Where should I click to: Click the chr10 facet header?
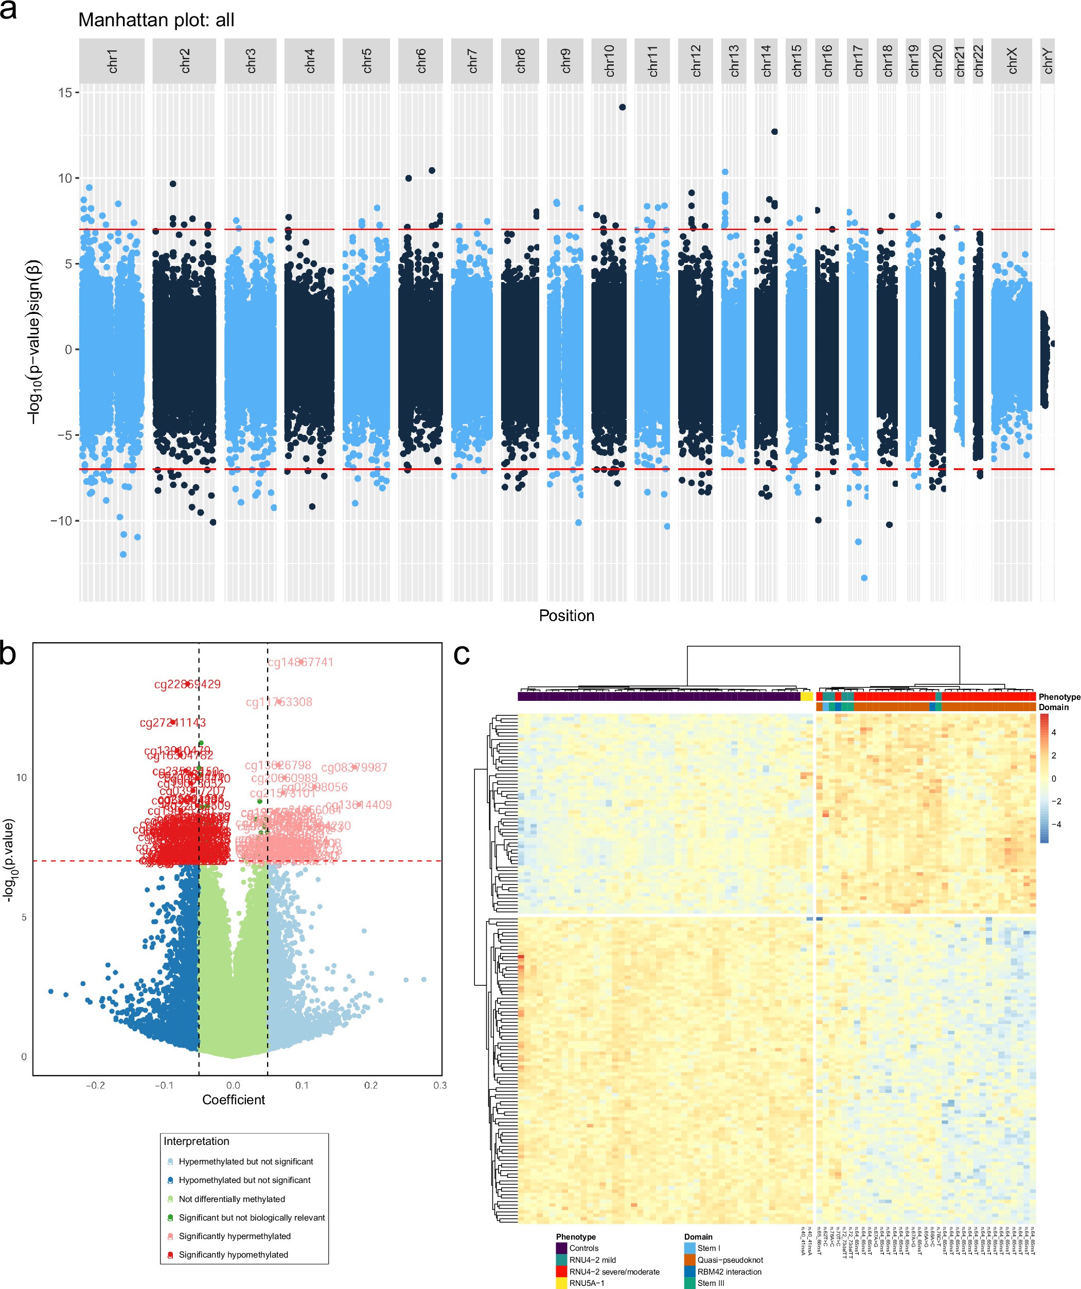[x=609, y=61]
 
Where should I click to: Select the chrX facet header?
[x=1012, y=61]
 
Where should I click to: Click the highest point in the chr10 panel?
[x=623, y=107]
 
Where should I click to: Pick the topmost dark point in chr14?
[x=775, y=131]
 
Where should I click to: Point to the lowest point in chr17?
[x=864, y=577]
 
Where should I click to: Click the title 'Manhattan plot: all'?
[x=156, y=20]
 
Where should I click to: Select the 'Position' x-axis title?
[x=566, y=615]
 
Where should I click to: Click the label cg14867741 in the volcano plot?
[x=300, y=662]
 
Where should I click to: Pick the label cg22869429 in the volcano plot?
[x=187, y=684]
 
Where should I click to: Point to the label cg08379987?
[x=354, y=767]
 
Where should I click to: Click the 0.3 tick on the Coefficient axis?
[x=439, y=1085]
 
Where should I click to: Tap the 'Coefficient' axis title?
[x=233, y=1099]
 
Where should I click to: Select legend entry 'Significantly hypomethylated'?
[x=233, y=1255]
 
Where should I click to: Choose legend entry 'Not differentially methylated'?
[x=232, y=1199]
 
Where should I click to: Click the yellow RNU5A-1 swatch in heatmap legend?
[x=561, y=1283]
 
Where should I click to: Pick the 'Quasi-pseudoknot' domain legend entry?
[x=730, y=1260]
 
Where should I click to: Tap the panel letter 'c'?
[x=462, y=655]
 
